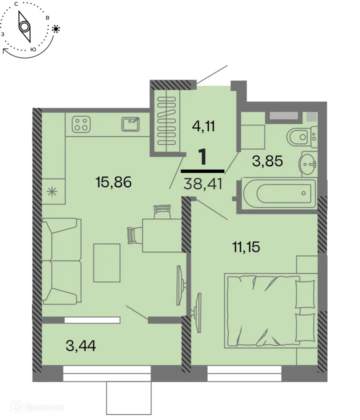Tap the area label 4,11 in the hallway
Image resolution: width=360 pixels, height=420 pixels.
coord(203,125)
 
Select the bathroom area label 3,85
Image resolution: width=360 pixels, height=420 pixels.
coord(267,161)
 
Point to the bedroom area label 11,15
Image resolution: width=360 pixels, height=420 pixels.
coord(246,246)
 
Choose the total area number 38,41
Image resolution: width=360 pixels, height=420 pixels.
coord(202,183)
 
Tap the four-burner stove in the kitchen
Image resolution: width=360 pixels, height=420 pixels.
coord(81,124)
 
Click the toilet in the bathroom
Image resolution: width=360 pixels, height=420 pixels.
coord(299,136)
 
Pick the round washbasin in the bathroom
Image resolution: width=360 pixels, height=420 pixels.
coord(307,162)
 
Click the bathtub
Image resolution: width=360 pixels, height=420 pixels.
coord(278,193)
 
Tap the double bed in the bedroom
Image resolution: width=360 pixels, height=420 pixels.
coord(270,309)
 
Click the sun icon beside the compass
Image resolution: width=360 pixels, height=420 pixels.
coord(55,29)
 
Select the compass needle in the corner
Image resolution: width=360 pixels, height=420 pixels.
coord(24,26)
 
